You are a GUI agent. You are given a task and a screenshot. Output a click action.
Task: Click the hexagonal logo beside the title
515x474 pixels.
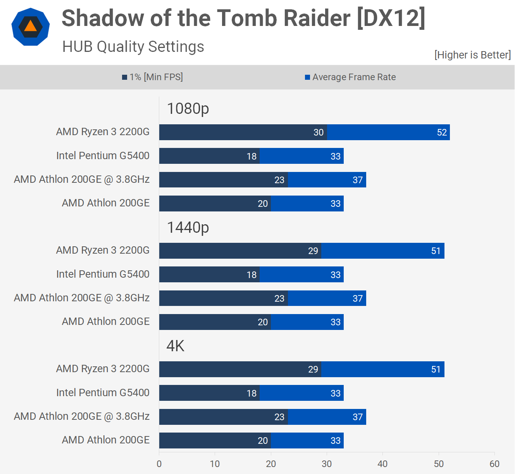click(31, 27)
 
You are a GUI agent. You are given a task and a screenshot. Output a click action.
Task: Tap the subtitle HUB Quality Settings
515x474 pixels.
click(133, 47)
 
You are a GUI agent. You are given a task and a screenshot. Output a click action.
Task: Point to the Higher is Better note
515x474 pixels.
click(472, 55)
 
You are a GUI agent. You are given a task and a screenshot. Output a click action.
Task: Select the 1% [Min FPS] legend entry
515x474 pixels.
click(153, 77)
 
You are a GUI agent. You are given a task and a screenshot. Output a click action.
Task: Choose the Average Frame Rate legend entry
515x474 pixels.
click(350, 77)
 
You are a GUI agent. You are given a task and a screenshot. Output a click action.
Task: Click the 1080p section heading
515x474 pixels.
click(188, 109)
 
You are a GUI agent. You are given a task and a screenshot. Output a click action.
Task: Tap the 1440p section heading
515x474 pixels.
click(188, 227)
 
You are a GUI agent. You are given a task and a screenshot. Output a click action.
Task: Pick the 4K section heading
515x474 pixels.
click(175, 346)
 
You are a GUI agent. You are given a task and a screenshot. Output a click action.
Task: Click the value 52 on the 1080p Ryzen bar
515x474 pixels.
click(442, 132)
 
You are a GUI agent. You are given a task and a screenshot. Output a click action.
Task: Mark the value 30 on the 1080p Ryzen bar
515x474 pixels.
click(318, 132)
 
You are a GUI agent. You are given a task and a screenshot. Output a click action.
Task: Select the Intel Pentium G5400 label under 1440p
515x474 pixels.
click(103, 274)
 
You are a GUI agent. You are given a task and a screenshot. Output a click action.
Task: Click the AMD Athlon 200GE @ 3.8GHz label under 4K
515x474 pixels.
click(82, 416)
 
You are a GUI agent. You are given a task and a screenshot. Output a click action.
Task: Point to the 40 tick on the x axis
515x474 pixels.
click(382, 464)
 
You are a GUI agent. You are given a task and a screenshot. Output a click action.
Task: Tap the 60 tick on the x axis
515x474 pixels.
click(494, 464)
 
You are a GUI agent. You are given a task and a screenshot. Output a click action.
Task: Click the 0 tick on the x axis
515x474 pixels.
click(159, 464)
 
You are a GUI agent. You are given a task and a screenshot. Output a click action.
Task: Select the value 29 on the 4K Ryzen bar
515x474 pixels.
click(313, 369)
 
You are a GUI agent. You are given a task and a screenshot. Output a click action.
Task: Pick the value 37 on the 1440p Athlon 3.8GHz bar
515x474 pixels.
click(358, 299)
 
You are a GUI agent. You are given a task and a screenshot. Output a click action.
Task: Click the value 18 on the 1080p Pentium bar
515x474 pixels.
click(251, 156)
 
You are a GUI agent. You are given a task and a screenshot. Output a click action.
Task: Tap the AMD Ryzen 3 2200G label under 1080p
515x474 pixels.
click(103, 132)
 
